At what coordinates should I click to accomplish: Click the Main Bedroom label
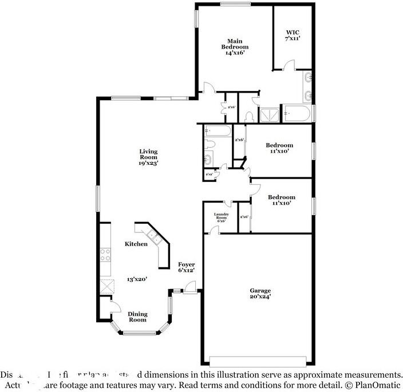click(x=234, y=45)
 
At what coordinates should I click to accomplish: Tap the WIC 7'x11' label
click(x=293, y=34)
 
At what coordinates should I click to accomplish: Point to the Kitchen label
click(x=136, y=244)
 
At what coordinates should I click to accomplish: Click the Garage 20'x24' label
click(x=260, y=293)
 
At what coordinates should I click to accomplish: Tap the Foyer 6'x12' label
click(x=187, y=266)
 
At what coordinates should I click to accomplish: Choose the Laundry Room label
click(x=221, y=217)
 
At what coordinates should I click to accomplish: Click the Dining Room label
click(x=137, y=316)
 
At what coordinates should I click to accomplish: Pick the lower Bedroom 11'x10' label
click(x=281, y=200)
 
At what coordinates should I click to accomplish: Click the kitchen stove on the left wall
click(x=105, y=254)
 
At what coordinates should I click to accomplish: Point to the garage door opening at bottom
click(x=256, y=361)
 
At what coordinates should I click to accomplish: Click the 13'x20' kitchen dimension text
click(x=137, y=279)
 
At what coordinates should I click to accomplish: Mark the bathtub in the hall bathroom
click(x=218, y=132)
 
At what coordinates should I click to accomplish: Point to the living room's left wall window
click(x=97, y=201)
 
